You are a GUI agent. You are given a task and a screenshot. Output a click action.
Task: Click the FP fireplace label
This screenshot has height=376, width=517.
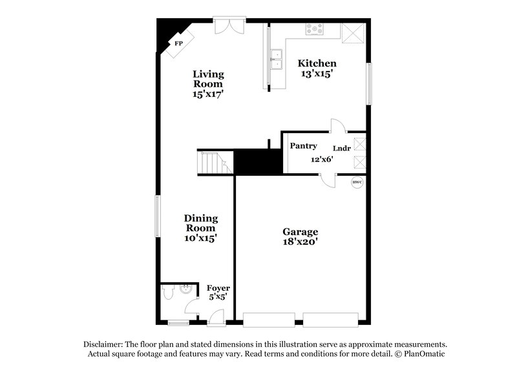tap(179, 44)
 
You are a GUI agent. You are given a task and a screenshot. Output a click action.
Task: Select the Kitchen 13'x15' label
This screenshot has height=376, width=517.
tap(317, 68)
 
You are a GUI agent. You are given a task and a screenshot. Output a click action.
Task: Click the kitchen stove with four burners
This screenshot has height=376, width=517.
tap(316, 28)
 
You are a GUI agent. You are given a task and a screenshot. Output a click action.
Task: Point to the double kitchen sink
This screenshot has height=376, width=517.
tap(277, 59)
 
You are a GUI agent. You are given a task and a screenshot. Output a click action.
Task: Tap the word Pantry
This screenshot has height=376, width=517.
tap(302, 146)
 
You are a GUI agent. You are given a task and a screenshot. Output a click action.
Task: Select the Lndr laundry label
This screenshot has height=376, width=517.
tap(342, 148)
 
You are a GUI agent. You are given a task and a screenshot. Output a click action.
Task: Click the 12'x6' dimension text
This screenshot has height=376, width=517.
tap(321, 160)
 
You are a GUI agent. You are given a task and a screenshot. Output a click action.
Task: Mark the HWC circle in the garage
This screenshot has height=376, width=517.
tap(357, 183)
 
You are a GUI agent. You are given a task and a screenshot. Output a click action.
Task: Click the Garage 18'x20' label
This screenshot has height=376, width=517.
tap(301, 236)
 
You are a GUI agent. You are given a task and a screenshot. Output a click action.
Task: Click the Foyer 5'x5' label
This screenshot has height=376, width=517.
tap(218, 292)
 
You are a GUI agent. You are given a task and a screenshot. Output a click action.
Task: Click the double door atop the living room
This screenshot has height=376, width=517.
tap(229, 25)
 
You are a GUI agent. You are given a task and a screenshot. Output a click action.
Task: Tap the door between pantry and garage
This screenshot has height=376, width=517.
tap(330, 180)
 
